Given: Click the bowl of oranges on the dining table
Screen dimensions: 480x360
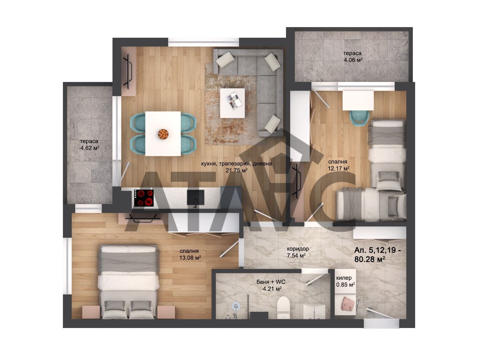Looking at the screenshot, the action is click(x=163, y=134).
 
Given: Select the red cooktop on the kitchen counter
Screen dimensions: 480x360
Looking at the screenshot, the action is click(x=144, y=198).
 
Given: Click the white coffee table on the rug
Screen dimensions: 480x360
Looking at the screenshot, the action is click(x=232, y=103).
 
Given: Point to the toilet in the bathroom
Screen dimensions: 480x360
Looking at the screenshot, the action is click(x=284, y=308).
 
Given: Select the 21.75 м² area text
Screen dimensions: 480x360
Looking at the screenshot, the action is click(x=236, y=170).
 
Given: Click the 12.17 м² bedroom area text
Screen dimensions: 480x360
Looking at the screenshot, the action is click(x=338, y=168).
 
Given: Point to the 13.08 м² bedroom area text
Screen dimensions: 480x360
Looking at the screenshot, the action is click(x=190, y=258).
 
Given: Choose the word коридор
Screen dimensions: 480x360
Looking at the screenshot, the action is click(x=298, y=249).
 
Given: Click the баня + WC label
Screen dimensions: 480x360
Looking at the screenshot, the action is click(x=271, y=282).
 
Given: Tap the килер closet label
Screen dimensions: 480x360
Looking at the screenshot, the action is click(x=344, y=278).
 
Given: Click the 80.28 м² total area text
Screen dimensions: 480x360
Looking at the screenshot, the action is click(x=370, y=259).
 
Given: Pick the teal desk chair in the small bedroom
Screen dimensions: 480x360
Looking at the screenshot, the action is click(x=359, y=118).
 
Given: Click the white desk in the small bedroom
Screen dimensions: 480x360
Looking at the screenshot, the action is click(x=358, y=100).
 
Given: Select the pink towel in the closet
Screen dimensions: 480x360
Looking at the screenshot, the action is click(x=346, y=304).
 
